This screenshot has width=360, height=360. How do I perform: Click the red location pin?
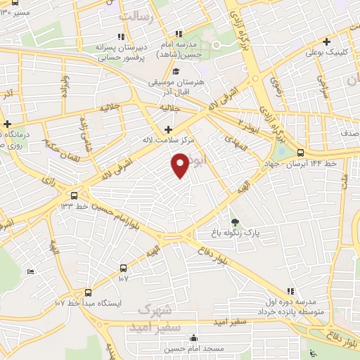pyautogui.click(x=181, y=165)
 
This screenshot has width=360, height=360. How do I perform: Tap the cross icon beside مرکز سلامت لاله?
pyautogui.click(x=168, y=129)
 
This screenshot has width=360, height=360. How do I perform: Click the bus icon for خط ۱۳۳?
pyautogui.click(x=74, y=195)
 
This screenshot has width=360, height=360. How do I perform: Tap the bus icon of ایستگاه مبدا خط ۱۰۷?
pyautogui.click(x=88, y=292)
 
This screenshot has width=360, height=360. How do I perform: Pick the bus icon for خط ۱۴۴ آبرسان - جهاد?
pyautogui.click(x=301, y=153)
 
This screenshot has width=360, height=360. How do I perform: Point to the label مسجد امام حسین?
pyautogui.click(x=195, y=348)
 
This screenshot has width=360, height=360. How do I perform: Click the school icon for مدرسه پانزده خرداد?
pyautogui.click(x=290, y=292)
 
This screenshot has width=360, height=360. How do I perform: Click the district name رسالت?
pyautogui.click(x=136, y=16)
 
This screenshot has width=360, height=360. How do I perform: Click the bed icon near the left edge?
pyautogui.click(x=30, y=272)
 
